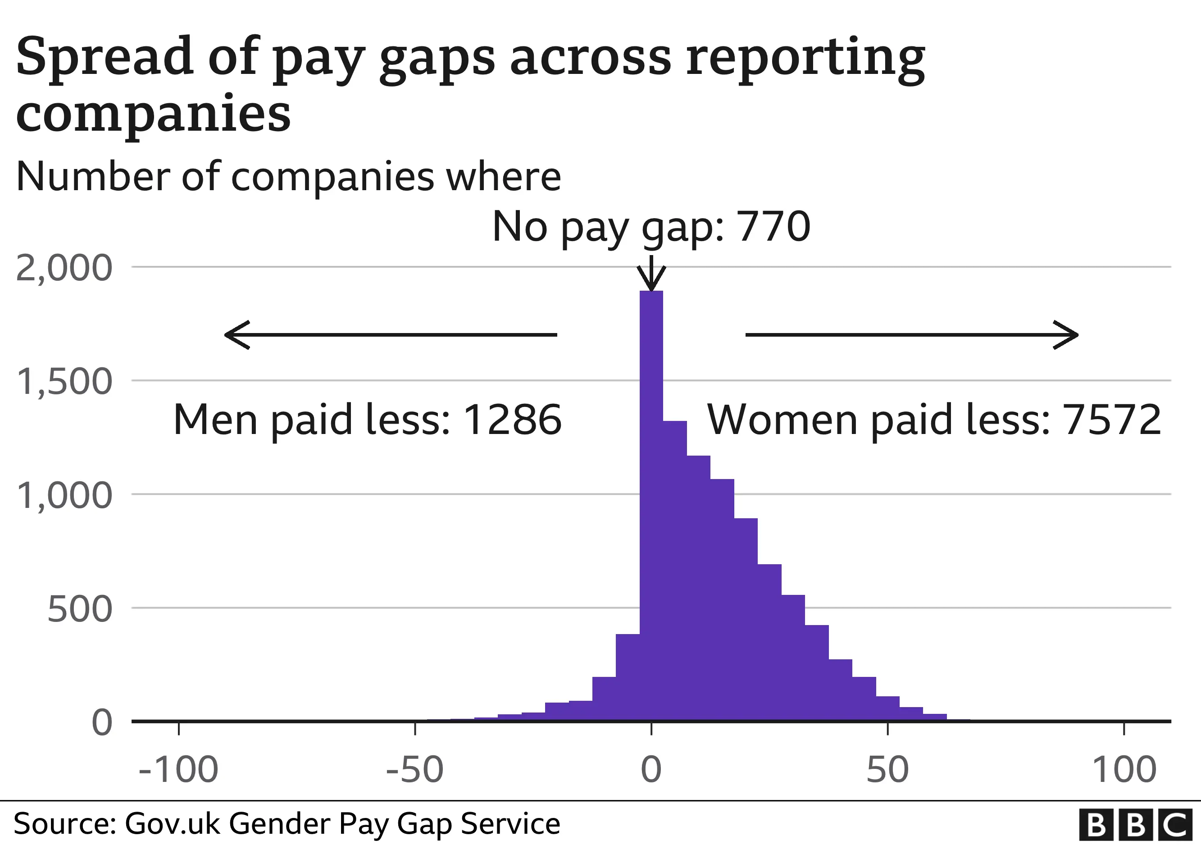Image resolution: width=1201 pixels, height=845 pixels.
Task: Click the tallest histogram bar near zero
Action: (651, 502)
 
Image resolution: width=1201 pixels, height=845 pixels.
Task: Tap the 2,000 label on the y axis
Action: (64, 269)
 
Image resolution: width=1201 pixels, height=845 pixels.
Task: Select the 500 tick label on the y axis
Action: (79, 609)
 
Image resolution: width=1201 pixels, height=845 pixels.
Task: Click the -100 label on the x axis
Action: (178, 770)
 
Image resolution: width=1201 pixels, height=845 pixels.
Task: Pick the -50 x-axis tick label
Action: (415, 770)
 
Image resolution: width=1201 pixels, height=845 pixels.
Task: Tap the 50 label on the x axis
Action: (887, 770)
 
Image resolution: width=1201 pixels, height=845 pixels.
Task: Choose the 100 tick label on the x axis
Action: (1124, 770)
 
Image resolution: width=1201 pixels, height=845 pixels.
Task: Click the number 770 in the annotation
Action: (773, 227)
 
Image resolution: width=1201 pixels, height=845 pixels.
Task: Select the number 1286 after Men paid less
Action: (512, 420)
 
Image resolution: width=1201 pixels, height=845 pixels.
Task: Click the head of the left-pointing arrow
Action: (236, 335)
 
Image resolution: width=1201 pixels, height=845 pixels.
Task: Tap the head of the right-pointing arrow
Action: (1067, 335)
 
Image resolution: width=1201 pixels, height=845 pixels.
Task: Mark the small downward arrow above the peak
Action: (651, 275)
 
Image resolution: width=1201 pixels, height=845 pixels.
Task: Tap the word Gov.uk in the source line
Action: (172, 824)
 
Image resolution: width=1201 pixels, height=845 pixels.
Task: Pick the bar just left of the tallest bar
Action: (628, 677)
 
